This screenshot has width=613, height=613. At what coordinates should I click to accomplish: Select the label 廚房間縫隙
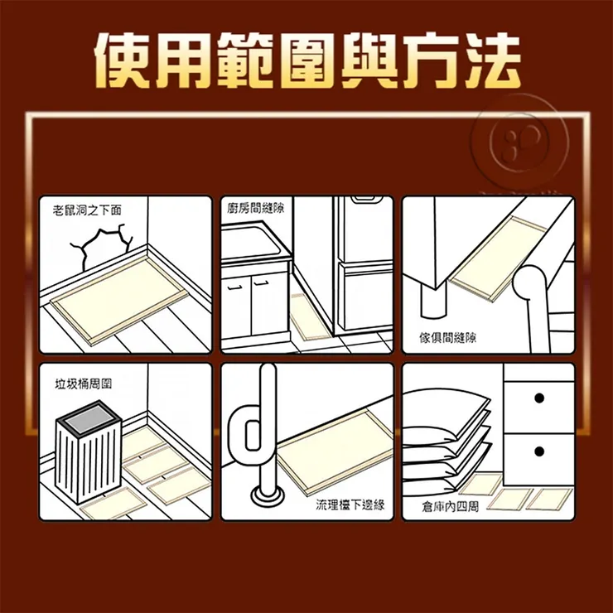(x=255, y=209)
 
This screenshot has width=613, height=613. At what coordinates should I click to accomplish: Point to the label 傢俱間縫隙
(x=447, y=337)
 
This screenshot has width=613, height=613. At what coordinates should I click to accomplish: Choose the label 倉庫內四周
(x=450, y=505)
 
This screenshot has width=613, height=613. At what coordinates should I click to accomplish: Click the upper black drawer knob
(x=539, y=398)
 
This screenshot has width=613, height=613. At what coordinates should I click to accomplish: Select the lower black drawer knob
(x=539, y=451)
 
